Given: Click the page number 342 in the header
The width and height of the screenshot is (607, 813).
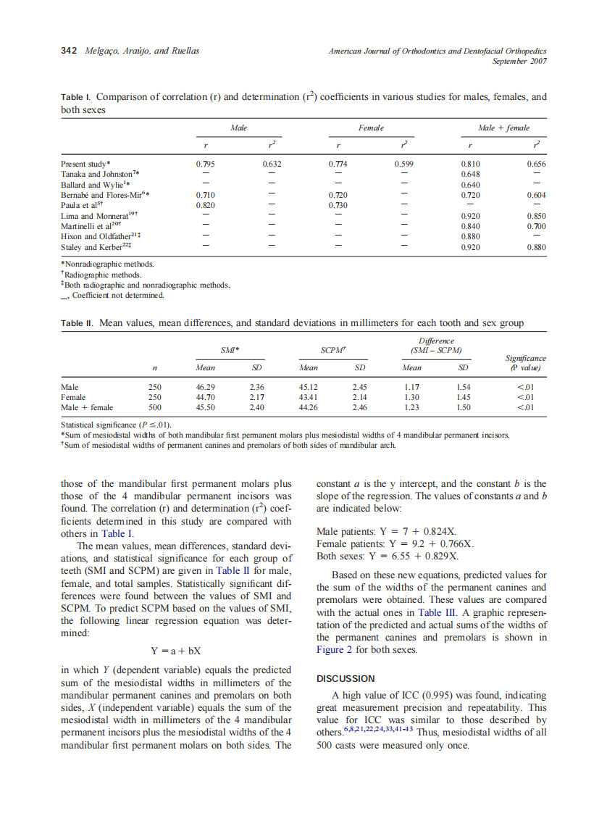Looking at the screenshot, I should click(x=70, y=51).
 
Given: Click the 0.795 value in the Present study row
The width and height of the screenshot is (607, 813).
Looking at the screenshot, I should click(x=205, y=164).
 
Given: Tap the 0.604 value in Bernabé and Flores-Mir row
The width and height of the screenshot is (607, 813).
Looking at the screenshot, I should click(x=536, y=196).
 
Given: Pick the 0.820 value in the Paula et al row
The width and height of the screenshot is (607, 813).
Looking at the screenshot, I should click(x=205, y=206).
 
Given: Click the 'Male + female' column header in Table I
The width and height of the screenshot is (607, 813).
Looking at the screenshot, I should click(x=503, y=128).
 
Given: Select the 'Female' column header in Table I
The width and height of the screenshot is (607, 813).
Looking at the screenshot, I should click(x=371, y=128).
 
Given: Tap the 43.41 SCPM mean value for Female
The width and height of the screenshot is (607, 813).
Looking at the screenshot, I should click(x=309, y=398).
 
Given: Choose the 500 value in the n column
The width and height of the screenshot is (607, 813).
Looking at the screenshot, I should click(x=155, y=408).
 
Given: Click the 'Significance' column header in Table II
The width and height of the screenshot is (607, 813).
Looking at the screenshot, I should click(x=525, y=358).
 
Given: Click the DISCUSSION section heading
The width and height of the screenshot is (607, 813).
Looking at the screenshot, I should click(x=346, y=678).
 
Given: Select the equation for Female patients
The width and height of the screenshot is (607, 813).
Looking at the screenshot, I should click(x=395, y=543).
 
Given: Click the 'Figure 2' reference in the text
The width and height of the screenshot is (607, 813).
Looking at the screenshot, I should click(x=335, y=650).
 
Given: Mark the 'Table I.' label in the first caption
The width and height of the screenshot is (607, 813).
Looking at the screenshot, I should click(x=76, y=96).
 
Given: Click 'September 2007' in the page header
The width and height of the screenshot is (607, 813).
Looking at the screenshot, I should click(x=519, y=61).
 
